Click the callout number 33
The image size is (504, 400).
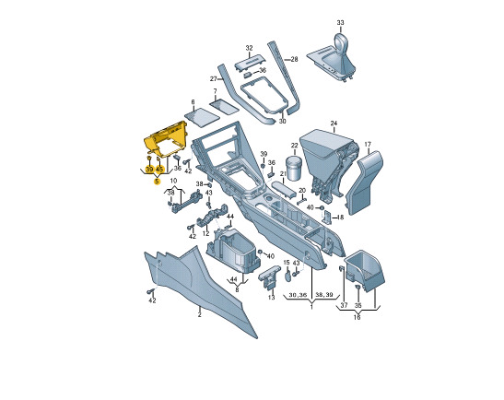[x=340, y=22]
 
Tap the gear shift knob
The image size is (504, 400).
[x=341, y=41]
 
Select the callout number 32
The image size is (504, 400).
[x=249, y=48]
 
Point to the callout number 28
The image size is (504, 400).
[x=294, y=59]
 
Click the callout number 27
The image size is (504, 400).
[x=214, y=78]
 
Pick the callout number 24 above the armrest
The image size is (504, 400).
[x=334, y=124]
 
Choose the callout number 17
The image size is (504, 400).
[x=368, y=145]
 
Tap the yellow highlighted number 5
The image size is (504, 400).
[x=157, y=182]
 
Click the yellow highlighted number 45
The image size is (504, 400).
[x=159, y=170]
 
